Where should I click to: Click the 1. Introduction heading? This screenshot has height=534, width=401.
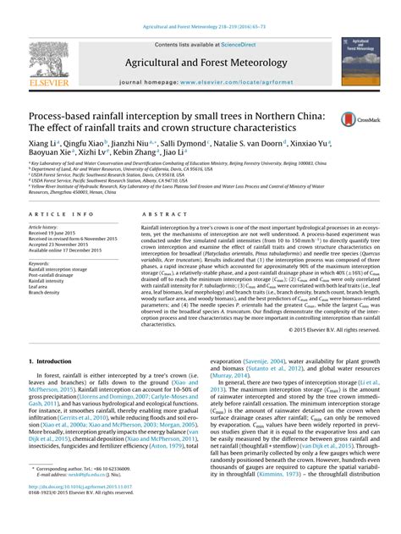52,361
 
